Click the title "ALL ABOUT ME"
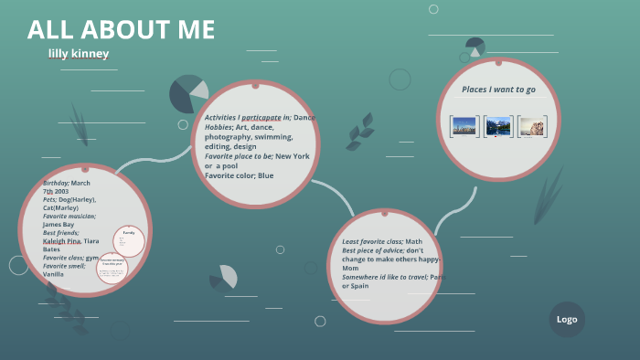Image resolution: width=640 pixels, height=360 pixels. pos(121,30)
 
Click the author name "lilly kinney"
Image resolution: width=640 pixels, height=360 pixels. pos(79,54)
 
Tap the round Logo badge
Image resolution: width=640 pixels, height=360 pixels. pos(567,320)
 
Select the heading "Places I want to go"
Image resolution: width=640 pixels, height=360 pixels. pos(498,90)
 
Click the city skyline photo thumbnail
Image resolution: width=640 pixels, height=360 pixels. pos(464,126)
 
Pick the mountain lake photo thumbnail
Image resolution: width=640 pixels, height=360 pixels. pos(498,126)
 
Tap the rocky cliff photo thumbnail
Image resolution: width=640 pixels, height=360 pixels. pos(532,126)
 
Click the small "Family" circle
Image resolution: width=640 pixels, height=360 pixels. pos(129,239)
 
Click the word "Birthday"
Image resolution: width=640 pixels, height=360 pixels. pos(56,183)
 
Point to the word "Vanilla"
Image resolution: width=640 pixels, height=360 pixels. pos(53,274)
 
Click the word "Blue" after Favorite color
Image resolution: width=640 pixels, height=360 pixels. pos(265,175)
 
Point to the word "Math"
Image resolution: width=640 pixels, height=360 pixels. pos(414,241)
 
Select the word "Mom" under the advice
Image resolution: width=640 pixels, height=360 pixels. pos(350,268)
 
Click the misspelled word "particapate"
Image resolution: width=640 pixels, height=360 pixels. pos(261,118)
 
